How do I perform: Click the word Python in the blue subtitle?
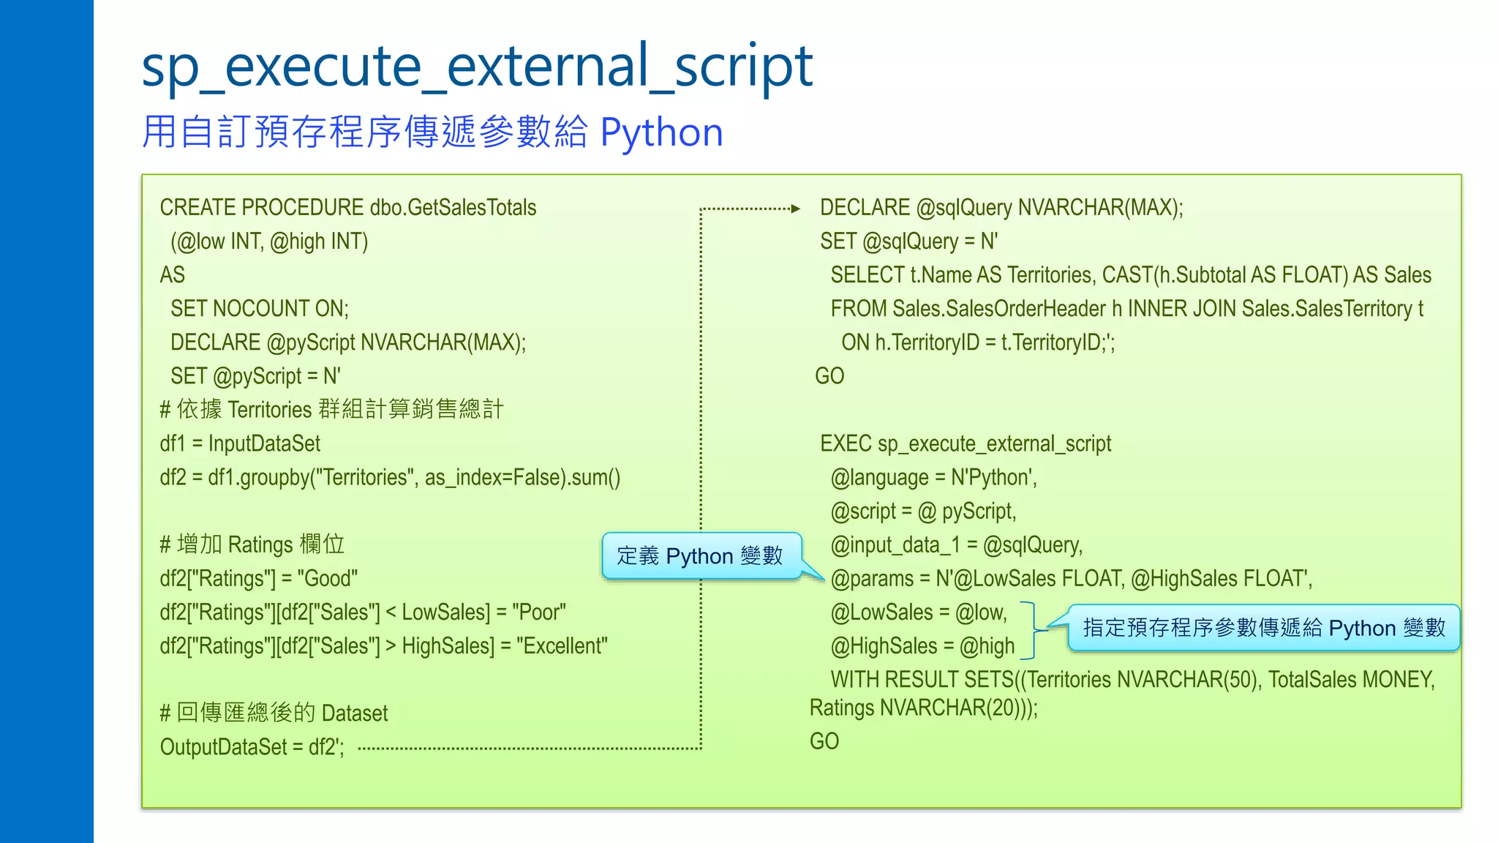pyautogui.click(x=661, y=133)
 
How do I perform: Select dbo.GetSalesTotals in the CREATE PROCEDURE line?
pyautogui.click(x=453, y=208)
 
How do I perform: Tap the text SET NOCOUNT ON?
pyautogui.click(x=260, y=309)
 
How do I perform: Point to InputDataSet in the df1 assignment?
pyautogui.click(x=264, y=443)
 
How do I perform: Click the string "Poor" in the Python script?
pyautogui.click(x=539, y=612)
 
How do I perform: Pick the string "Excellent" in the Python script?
pyautogui.click(x=562, y=646)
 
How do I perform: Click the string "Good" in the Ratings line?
pyautogui.click(x=327, y=579)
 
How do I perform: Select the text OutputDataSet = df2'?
pyautogui.click(x=252, y=747)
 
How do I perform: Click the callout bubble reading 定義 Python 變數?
pyautogui.click(x=700, y=556)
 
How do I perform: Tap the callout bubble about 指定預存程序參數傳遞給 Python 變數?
pyautogui.click(x=1263, y=628)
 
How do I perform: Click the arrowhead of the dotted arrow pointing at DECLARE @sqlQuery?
pyautogui.click(x=796, y=209)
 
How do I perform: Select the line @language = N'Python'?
pyautogui.click(x=933, y=478)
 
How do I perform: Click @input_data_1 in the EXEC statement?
pyautogui.click(x=895, y=545)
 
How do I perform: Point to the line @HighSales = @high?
pyautogui.click(x=922, y=646)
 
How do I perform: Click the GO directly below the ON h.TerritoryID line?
pyautogui.click(x=829, y=376)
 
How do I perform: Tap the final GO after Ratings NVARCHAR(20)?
pyautogui.click(x=824, y=741)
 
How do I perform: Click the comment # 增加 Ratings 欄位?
pyautogui.click(x=252, y=545)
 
